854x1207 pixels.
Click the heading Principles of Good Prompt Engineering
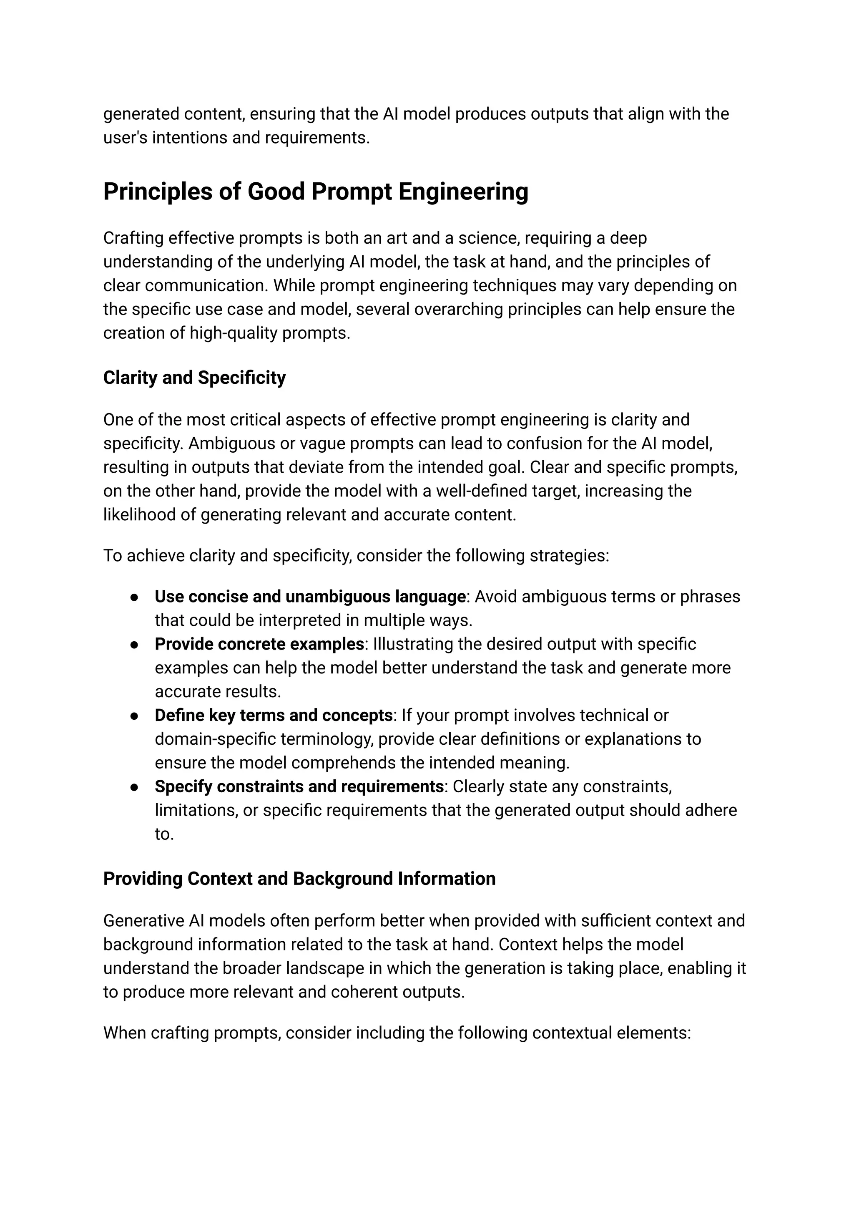coord(316,192)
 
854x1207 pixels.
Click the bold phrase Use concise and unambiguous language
coord(310,597)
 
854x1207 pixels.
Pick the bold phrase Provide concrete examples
coord(259,644)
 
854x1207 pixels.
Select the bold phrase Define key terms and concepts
coord(274,716)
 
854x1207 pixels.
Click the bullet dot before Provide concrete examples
coord(134,645)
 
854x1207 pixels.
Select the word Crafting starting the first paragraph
coord(133,238)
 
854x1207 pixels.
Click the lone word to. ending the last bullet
coord(164,834)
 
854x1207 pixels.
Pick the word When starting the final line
coord(124,1033)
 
